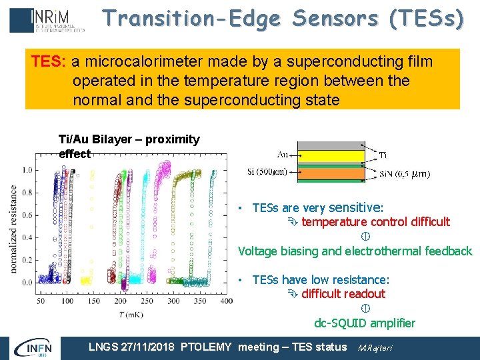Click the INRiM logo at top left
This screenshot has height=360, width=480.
click(47, 20)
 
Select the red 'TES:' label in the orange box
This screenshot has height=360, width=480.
click(49, 62)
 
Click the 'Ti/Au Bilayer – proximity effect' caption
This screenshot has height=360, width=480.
click(129, 146)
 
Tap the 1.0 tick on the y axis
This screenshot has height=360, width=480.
click(28, 170)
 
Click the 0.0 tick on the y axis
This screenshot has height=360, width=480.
click(28, 283)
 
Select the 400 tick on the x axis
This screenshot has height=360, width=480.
click(227, 301)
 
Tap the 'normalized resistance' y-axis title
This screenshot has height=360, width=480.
click(14, 228)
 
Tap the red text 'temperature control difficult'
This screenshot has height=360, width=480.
click(375, 222)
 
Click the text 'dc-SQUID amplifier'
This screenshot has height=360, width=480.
click(365, 323)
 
